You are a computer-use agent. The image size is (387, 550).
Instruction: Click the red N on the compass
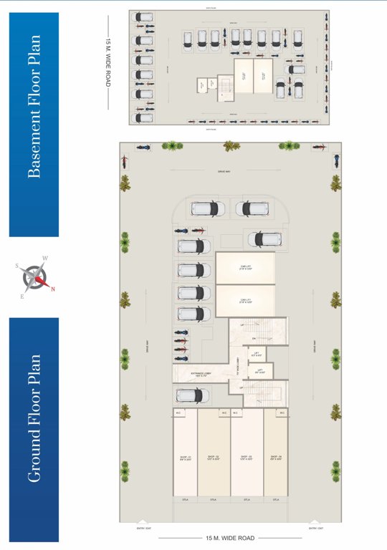pyautogui.click(x=52, y=289)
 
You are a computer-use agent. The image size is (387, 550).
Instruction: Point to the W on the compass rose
pyautogui.click(x=44, y=259)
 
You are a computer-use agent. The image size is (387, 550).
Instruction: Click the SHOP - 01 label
pyautogui.click(x=185, y=458)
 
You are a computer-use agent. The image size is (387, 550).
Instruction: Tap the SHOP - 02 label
pyautogui.click(x=214, y=458)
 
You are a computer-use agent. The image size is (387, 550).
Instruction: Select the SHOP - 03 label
pyautogui.click(x=247, y=458)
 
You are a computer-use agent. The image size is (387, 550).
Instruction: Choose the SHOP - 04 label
pyautogui.click(x=276, y=458)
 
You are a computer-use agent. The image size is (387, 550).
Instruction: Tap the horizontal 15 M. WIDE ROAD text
pyautogui.click(x=230, y=537)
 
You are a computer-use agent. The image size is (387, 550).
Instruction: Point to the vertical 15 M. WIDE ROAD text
pyautogui.click(x=108, y=62)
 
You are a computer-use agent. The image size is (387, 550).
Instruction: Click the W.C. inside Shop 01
pyautogui.click(x=179, y=412)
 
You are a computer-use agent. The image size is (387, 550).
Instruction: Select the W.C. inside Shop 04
pyautogui.click(x=282, y=412)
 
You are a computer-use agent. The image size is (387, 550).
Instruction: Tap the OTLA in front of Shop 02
pyautogui.click(x=214, y=499)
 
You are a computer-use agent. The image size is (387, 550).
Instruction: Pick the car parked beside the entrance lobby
pyautogui.click(x=193, y=395)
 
